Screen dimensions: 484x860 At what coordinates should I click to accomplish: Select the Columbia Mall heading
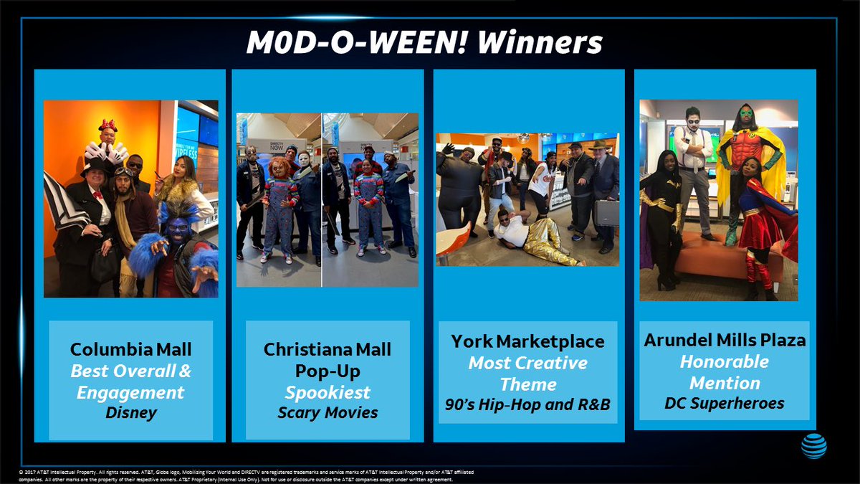click(x=131, y=350)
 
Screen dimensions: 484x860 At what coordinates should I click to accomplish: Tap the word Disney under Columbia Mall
click(x=131, y=413)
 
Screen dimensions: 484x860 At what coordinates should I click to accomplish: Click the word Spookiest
click(x=328, y=392)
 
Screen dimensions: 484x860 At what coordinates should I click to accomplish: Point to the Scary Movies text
click(x=328, y=413)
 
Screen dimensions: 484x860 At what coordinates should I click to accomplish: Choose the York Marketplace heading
click(x=528, y=341)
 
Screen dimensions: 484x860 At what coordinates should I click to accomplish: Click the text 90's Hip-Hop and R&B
click(x=527, y=404)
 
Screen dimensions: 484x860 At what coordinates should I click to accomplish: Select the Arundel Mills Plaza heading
click(x=725, y=340)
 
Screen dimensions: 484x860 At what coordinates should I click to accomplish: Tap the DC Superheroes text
click(x=725, y=404)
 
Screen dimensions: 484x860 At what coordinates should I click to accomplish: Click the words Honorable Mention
click(x=725, y=371)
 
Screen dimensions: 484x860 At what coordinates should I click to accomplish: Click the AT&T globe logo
click(x=813, y=446)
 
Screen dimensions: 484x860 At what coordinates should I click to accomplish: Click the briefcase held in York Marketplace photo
click(x=606, y=211)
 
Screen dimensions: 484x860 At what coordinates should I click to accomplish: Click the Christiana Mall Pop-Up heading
click(x=328, y=360)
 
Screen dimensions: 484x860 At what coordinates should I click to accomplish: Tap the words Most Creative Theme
click(x=528, y=373)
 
